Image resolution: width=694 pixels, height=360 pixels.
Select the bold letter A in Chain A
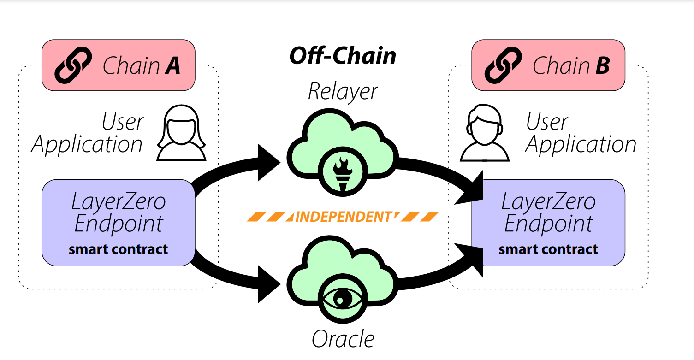tap(172, 66)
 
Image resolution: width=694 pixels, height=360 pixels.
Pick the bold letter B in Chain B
tap(602, 66)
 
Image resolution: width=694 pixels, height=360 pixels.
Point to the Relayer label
tap(343, 92)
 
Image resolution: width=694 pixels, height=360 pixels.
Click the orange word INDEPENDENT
tap(344, 217)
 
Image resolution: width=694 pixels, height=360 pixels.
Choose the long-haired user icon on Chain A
tap(181, 133)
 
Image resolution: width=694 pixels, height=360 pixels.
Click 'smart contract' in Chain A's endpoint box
tap(119, 250)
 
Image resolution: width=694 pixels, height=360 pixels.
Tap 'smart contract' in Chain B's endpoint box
tap(548, 250)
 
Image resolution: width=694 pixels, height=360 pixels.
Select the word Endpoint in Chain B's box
tap(548, 224)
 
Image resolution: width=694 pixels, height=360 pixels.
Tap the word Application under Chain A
tap(87, 145)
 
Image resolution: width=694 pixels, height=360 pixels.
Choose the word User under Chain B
tap(547, 122)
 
